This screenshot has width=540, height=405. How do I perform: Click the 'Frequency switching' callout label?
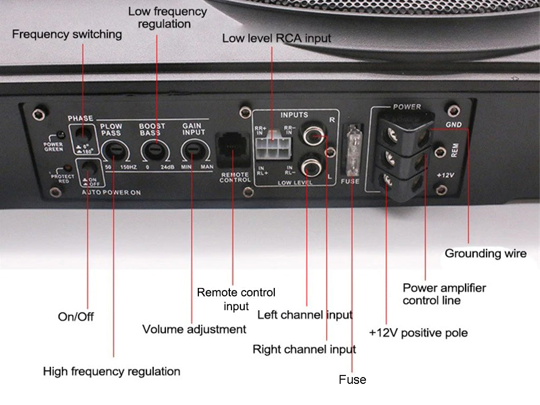click(x=67, y=35)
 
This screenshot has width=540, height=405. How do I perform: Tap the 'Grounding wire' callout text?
click(x=485, y=254)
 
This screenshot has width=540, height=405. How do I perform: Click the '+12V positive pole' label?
click(x=418, y=333)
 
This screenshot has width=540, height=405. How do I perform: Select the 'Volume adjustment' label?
click(x=194, y=330)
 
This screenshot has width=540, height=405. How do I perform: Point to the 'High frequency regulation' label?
click(x=111, y=372)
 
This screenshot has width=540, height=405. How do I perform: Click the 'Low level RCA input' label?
click(x=276, y=38)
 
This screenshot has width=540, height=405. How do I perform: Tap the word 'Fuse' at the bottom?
click(x=352, y=380)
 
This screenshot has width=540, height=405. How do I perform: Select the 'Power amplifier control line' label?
click(x=444, y=294)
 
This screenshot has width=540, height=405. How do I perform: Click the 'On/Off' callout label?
click(x=75, y=317)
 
